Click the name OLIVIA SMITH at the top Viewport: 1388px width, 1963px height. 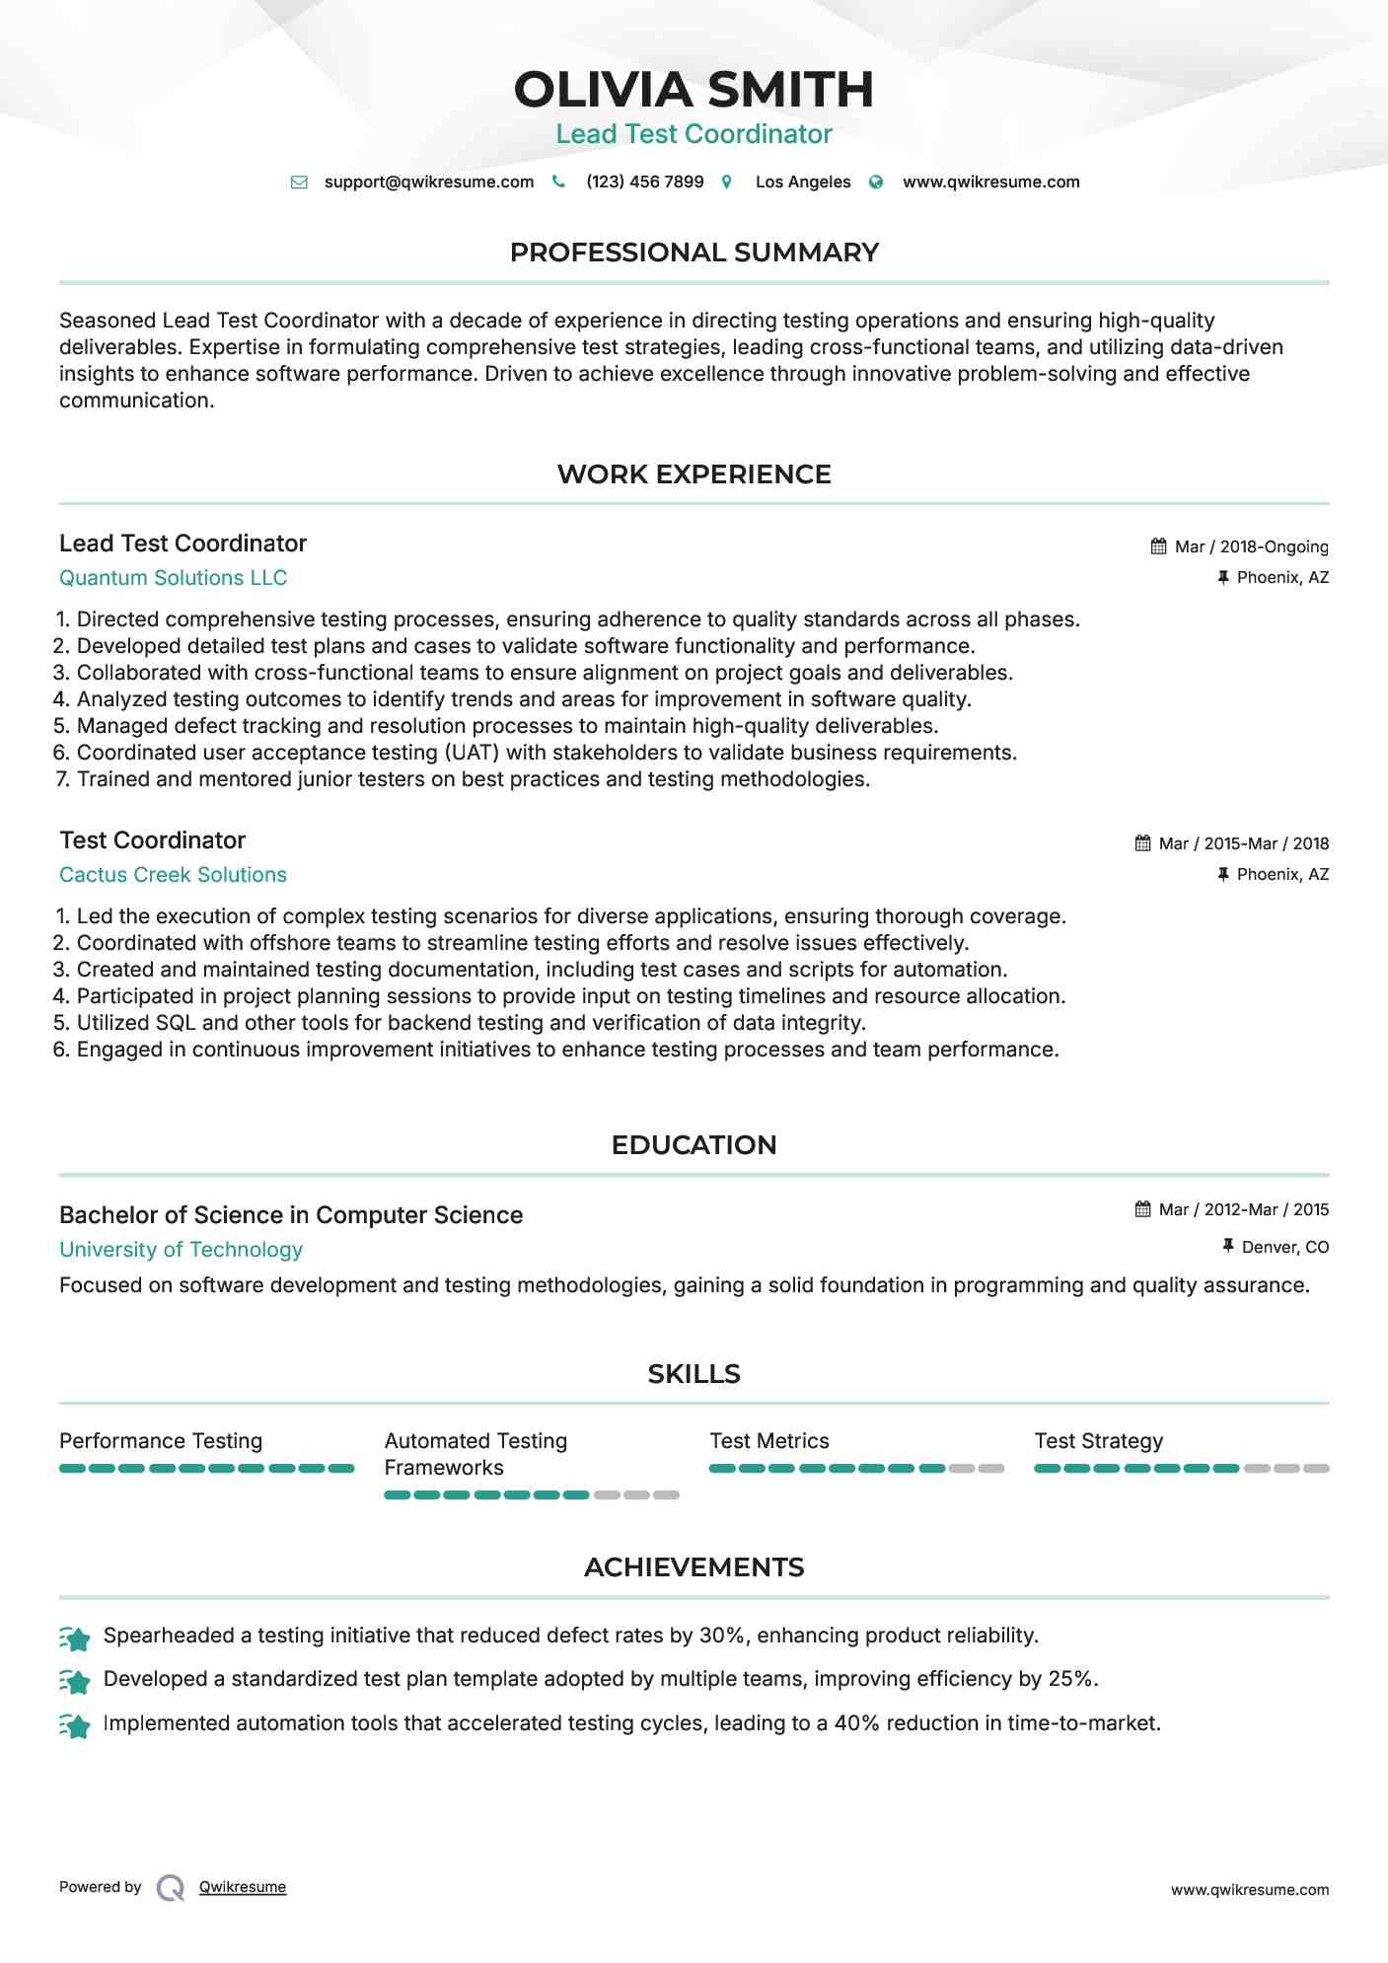click(694, 90)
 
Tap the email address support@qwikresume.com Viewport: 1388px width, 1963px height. click(428, 182)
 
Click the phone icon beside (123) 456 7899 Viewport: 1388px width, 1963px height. click(558, 182)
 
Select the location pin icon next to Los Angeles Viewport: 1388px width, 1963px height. click(727, 182)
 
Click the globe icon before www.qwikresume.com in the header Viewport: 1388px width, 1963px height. click(876, 182)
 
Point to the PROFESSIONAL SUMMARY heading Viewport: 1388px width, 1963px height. click(694, 253)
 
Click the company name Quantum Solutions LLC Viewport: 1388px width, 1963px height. click(173, 578)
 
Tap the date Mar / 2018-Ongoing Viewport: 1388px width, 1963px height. click(1251, 546)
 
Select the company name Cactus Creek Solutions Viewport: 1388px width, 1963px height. click(173, 875)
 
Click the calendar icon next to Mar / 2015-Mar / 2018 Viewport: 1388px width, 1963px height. click(1142, 843)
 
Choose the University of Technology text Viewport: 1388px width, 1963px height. click(181, 1250)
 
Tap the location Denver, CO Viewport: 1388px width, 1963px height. click(1284, 1247)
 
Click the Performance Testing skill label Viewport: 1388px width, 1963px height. click(161, 1441)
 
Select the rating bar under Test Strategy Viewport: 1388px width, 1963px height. click(1181, 1469)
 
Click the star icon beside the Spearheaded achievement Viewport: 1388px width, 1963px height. click(75, 1638)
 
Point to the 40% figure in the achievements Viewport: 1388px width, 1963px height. click(856, 1723)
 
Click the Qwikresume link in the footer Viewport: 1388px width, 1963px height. click(243, 1887)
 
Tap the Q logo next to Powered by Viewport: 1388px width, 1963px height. click(171, 1888)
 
